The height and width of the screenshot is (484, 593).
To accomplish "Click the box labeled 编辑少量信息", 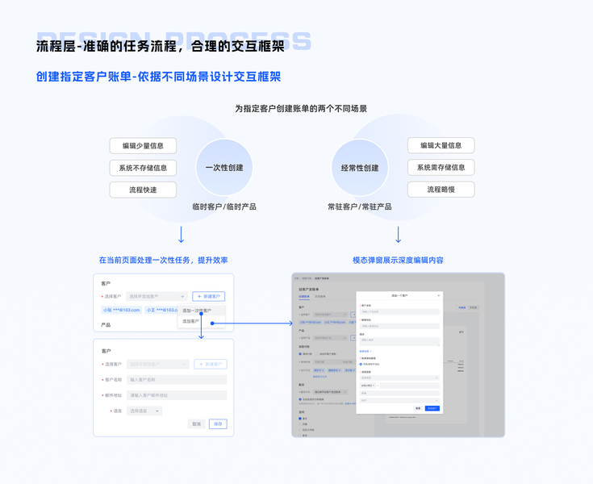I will [143, 146].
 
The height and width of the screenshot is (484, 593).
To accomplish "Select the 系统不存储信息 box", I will [143, 168].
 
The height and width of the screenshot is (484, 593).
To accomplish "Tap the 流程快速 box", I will [143, 190].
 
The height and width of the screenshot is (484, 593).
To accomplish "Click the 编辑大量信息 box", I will [441, 145].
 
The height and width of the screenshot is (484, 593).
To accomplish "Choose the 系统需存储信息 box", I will [441, 168].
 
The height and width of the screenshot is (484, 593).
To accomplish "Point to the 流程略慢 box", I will [441, 190].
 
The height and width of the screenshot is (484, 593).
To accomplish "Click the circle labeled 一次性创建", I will [224, 168].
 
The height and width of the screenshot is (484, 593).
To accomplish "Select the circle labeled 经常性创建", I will [360, 168].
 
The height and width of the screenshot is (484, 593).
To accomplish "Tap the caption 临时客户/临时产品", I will [224, 207].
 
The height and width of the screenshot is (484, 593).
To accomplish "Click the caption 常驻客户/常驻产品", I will [360, 207].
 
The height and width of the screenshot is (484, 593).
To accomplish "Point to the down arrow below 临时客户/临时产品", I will [181, 235].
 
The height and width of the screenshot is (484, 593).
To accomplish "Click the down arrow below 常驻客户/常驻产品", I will [398, 235].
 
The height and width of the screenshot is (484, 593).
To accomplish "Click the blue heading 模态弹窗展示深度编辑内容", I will [398, 261].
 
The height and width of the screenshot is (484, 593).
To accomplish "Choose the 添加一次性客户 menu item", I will [197, 311].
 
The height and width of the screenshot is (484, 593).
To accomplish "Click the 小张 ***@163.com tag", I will [122, 310].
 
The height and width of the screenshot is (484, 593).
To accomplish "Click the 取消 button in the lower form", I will [197, 423].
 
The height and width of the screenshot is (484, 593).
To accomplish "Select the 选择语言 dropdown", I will [144, 411].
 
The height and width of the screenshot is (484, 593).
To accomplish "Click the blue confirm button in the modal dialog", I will [432, 408].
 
